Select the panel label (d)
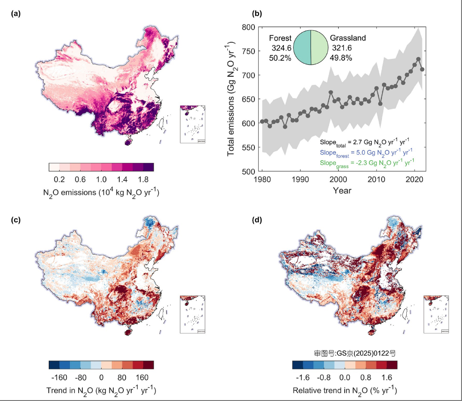pyautogui.click(x=258, y=220)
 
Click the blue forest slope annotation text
pyautogui.click(x=368, y=152)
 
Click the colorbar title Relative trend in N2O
pyautogui.click(x=345, y=391)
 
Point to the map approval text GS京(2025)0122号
pyautogui.click(x=353, y=354)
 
